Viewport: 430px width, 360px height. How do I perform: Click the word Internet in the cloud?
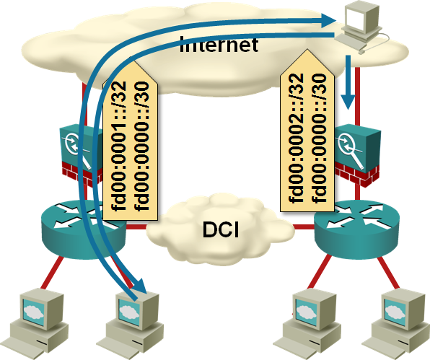point(219,44)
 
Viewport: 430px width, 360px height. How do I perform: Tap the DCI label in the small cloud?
point(221,229)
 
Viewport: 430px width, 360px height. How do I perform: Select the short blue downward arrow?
point(348,82)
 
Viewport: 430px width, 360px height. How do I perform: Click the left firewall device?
point(82,154)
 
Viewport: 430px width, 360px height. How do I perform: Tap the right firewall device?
point(357,155)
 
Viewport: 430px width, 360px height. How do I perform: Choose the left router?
point(84,229)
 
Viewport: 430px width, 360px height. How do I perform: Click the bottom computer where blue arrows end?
point(130,323)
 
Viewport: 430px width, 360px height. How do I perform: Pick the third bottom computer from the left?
point(307,323)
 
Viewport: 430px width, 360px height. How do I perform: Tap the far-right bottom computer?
point(396,323)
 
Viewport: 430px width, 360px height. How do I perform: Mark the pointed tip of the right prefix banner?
point(307,50)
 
